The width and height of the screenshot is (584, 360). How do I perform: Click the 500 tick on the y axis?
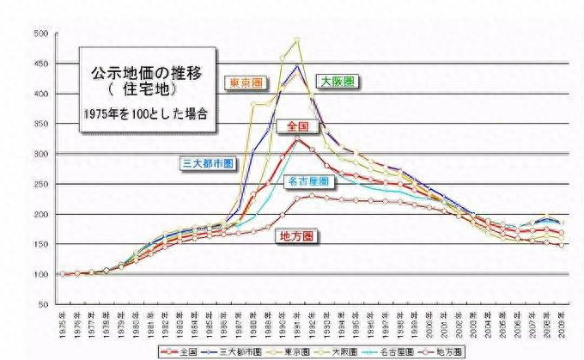pyautogui.click(x=40, y=34)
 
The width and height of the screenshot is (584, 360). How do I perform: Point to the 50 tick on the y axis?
pyautogui.click(x=42, y=304)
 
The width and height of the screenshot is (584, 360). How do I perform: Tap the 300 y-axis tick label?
pyautogui.click(x=40, y=154)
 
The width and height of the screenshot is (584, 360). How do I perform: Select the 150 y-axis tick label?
pyautogui.click(x=40, y=244)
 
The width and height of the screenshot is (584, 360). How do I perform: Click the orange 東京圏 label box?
pyautogui.click(x=246, y=83)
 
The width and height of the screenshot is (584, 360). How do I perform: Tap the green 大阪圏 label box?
pyautogui.click(x=338, y=81)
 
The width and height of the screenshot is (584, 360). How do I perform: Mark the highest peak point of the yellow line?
pyautogui.click(x=296, y=40)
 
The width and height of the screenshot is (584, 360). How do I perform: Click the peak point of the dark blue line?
pyautogui.click(x=296, y=66)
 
